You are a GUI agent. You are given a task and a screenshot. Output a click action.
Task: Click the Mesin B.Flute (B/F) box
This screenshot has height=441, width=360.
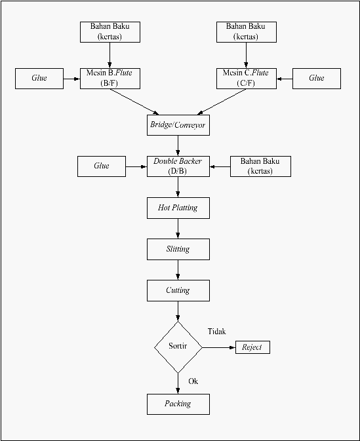coord(110,79)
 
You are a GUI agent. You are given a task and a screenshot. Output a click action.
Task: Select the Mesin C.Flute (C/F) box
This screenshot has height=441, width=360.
coord(247,79)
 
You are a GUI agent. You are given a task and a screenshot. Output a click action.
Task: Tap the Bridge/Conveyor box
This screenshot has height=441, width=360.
coord(178,125)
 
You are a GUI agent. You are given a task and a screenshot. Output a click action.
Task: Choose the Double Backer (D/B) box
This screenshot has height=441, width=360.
coord(178,166)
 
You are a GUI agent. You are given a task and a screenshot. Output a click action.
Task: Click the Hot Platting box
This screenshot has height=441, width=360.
coord(178,208)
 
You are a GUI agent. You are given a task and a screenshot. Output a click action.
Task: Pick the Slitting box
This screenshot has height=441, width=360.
coord(178,249)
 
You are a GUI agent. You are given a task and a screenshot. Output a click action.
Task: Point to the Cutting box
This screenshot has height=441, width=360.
coord(178,290)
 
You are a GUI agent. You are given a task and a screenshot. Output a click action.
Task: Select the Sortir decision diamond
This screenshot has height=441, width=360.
coord(178,347)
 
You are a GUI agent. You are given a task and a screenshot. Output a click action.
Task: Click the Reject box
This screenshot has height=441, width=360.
coord(252,347)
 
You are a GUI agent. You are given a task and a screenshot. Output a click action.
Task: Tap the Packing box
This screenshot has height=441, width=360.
coord(178,404)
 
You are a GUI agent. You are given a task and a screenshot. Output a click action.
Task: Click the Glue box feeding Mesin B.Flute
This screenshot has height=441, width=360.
coord(39,79)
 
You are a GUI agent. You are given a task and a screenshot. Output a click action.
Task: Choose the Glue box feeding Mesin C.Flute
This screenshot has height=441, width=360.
coord(317,79)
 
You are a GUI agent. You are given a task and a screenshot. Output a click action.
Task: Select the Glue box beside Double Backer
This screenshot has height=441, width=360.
coord(102,166)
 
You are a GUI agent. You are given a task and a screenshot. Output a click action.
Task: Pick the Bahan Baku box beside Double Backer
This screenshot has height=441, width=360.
coord(260,166)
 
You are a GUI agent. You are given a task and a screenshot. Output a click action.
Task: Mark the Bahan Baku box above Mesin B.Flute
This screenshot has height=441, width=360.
coord(110,32)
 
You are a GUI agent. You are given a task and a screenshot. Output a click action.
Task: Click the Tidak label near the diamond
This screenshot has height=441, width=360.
coord(217,332)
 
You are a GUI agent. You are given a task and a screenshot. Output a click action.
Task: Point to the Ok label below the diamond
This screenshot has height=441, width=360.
coord(193,381)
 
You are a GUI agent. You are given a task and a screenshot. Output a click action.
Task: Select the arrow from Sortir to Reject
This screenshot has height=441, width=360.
coord(219,348)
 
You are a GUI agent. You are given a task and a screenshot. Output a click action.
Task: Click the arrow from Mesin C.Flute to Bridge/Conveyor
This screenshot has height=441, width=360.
coord(222,102)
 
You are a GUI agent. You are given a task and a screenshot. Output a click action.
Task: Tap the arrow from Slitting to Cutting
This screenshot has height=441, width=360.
coord(178,270)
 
